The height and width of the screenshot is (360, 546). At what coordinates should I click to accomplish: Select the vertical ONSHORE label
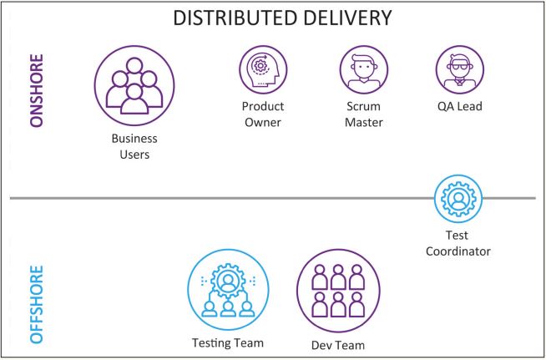coord(36,91)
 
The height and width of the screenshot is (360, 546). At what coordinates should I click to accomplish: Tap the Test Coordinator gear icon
coord(458,199)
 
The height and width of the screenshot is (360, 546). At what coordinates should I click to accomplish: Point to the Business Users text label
coord(134,146)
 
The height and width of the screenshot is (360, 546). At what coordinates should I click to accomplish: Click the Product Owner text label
coord(263,114)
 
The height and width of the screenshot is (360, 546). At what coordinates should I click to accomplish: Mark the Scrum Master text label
coord(364,114)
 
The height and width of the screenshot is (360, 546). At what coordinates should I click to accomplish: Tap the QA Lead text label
coord(459,107)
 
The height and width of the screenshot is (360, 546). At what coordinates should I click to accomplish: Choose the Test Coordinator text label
coord(458,243)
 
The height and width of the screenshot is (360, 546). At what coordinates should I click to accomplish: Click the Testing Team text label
coord(227,342)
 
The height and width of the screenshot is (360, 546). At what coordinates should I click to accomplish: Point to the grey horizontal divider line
coord(209,199)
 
